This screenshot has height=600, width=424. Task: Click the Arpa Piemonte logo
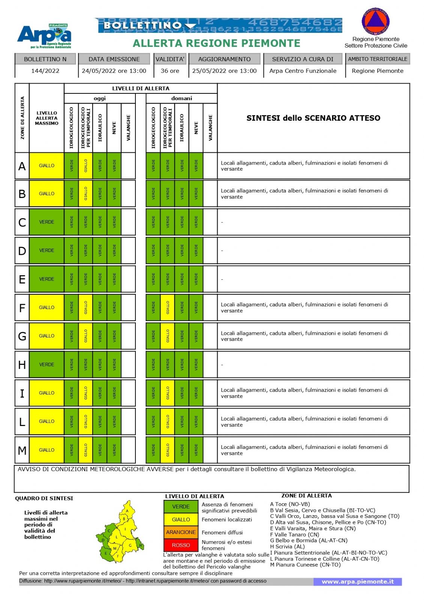[x=44, y=36]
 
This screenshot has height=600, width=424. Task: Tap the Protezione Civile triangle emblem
[x=376, y=21]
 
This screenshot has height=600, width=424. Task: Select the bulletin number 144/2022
[x=45, y=71]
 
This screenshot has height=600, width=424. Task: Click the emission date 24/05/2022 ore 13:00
[x=114, y=71]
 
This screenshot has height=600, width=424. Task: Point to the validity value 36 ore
[x=170, y=71]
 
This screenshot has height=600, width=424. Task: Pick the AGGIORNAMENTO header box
[x=224, y=59]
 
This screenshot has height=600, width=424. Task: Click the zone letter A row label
[x=22, y=166]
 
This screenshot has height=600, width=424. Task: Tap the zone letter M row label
[x=22, y=450]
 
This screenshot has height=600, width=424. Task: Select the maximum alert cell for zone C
[x=47, y=222]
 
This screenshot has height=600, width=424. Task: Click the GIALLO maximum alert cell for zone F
[x=47, y=307]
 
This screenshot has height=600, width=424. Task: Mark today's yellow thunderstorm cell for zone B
[x=86, y=193]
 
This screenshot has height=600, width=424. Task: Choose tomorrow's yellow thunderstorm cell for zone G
[x=167, y=336]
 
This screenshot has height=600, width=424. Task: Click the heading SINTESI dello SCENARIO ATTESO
[x=313, y=118]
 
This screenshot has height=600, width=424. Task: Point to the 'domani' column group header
[x=182, y=98]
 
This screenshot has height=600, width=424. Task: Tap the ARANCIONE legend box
[x=181, y=532]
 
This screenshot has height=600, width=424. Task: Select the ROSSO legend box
[x=181, y=545]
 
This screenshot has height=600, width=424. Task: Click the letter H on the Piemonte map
[x=140, y=545]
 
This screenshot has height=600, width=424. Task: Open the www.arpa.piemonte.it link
[x=358, y=582]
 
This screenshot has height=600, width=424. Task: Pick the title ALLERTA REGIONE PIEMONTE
[x=217, y=43]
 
